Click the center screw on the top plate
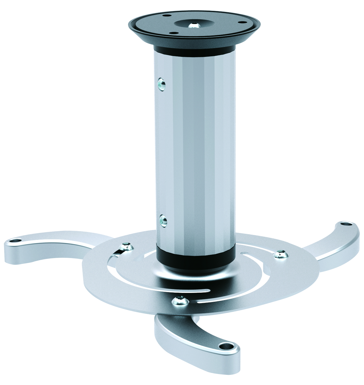194,25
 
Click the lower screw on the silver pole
162,220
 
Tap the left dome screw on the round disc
127,246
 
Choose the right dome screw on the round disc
280,254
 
